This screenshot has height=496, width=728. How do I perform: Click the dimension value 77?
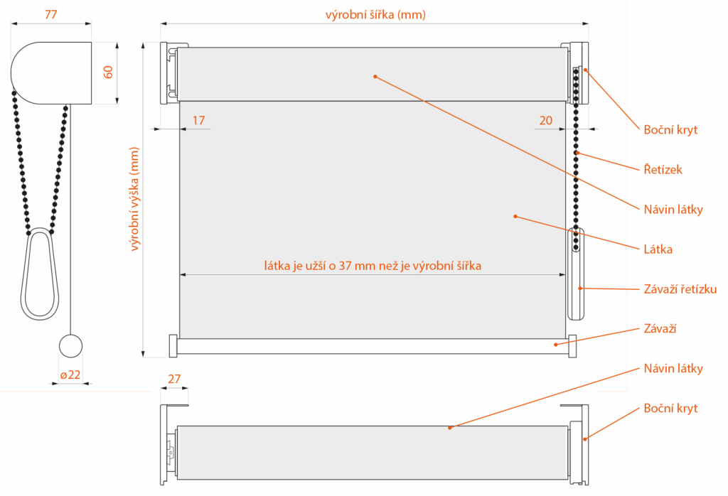tap(51, 14)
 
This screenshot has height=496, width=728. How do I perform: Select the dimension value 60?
tap(108, 72)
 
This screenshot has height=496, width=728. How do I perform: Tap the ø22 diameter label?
tap(70, 374)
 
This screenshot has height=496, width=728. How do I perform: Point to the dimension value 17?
tap(199, 120)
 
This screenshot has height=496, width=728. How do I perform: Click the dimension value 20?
tap(546, 120)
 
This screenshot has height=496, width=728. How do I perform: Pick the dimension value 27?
tap(174, 379)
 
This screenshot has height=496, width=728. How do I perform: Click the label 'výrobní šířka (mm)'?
tap(375, 15)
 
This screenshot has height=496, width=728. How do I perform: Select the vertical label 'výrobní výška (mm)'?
tap(134, 199)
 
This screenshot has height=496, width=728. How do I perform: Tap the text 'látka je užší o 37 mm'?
tap(320, 265)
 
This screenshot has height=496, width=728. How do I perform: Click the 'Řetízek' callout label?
tap(663, 169)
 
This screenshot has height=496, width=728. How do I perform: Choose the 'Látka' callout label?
tap(658, 249)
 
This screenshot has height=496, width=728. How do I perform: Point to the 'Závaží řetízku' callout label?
tap(680, 289)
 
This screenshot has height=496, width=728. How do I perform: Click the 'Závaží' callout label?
tap(660, 328)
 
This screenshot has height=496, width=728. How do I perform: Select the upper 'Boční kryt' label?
tap(670, 130)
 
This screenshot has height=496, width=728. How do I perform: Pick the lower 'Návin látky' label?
tap(673, 368)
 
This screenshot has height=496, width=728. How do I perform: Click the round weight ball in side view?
tap(70, 345)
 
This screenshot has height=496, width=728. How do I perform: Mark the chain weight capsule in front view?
tap(576, 274)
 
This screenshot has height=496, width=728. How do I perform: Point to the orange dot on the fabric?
tap(515, 216)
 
